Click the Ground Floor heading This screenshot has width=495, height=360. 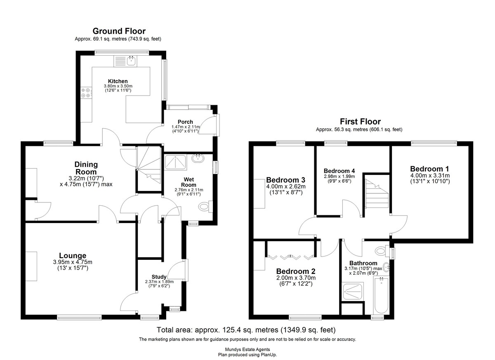tap(119, 31)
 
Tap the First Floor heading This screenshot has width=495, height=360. tap(360, 122)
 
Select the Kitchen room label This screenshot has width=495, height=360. tap(118, 81)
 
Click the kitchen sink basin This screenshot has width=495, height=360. tap(131, 61)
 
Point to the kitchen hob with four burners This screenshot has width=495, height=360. tap(86, 93)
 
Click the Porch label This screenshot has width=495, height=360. tap(185, 122)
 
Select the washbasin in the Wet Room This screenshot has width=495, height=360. tap(198, 158)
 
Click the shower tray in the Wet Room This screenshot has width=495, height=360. tap(176, 162)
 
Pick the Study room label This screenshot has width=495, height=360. tap(159, 277)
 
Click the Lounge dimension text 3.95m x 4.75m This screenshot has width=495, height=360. tap(73, 262)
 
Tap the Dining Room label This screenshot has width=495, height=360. tap(86, 168)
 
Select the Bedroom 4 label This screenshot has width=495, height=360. tap(339, 171)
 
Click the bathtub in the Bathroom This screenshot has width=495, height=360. tap(382, 295)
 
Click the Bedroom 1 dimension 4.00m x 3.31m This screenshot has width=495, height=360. tap(430, 176)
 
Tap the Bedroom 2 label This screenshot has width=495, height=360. tap(296, 271)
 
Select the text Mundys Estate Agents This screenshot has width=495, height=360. tap(247, 349)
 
